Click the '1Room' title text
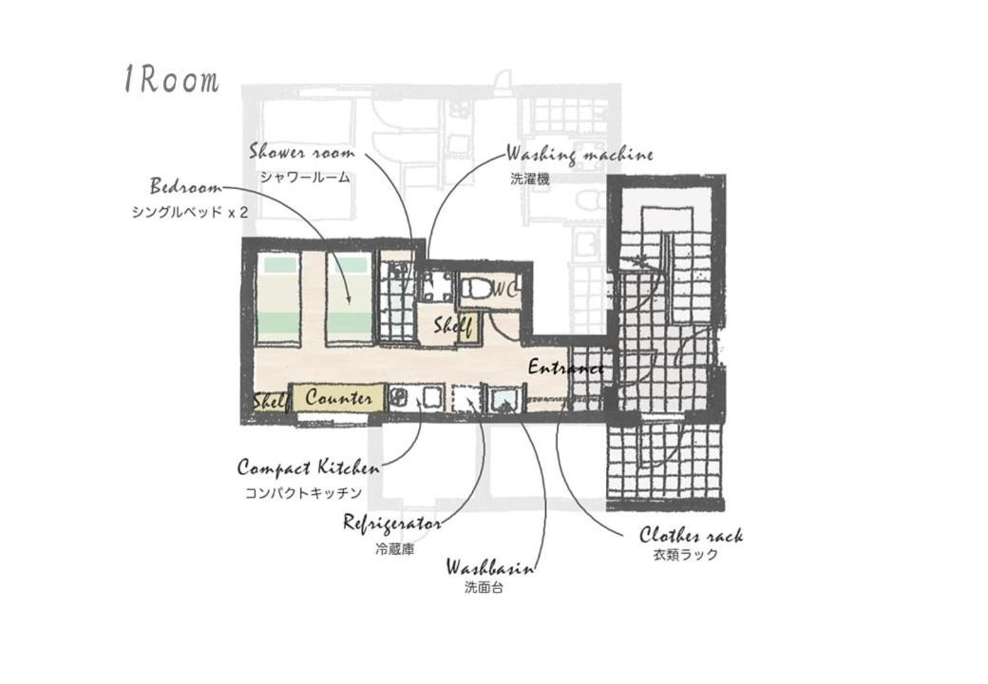coord(171,80)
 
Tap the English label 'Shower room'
coord(302,152)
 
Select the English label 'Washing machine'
coord(579,154)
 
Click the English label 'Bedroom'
coord(186,186)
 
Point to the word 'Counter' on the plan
coord(338,397)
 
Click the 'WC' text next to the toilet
coord(505,290)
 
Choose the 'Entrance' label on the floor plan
coord(565,367)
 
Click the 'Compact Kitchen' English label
coord(308,468)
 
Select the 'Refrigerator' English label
coord(391,522)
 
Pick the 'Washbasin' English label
coord(490,567)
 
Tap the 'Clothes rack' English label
coord(692,536)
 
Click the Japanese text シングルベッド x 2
coord(190,212)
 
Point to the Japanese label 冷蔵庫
coord(394,549)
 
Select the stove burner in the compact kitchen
coord(399,397)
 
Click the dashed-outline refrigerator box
coord(466,398)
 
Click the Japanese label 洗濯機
coord(530,179)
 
